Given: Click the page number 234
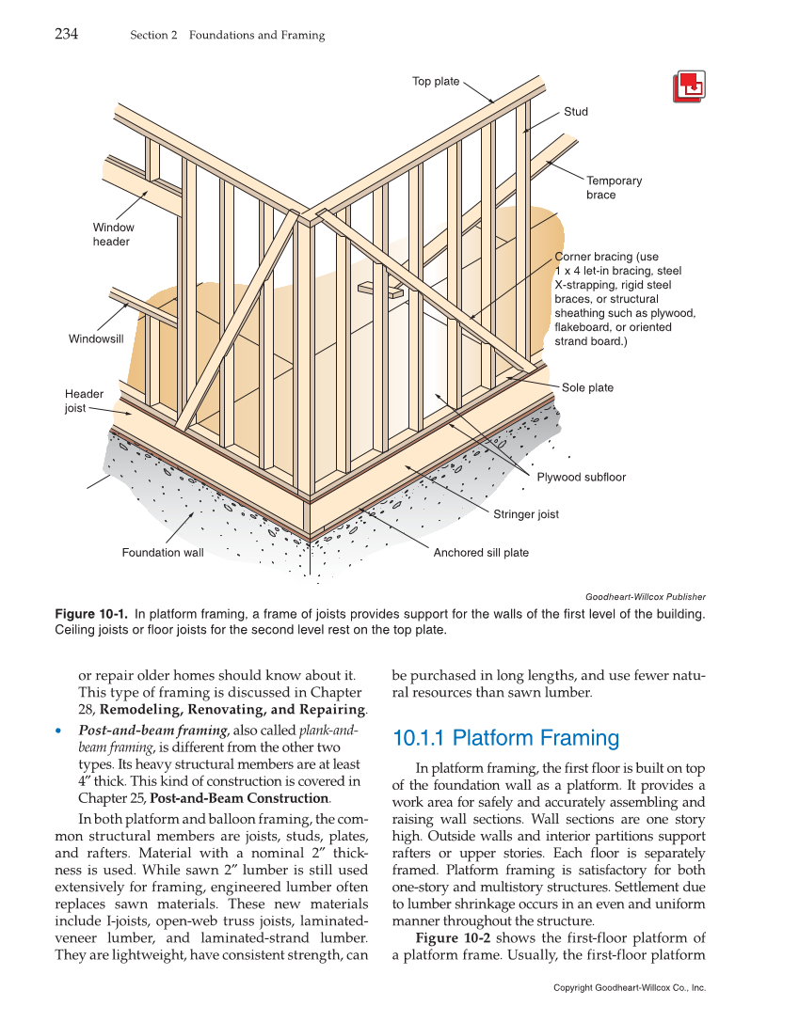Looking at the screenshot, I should [x=66, y=35].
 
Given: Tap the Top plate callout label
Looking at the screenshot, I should [x=436, y=82].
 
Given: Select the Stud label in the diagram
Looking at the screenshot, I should [x=576, y=112].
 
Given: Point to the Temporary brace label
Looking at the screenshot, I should [x=614, y=188].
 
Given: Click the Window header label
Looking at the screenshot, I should [x=113, y=234].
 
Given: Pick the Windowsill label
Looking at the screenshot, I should [x=96, y=338].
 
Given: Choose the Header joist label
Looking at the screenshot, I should [x=84, y=401].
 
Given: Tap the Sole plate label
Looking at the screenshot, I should [x=587, y=387].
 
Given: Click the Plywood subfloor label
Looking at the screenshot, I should [x=581, y=478].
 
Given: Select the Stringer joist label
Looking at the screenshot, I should [x=525, y=514].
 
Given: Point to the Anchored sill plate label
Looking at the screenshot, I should [x=481, y=553].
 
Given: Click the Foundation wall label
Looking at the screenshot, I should [x=162, y=553].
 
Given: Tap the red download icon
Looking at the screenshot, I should [x=690, y=86].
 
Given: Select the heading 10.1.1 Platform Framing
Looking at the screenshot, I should [x=505, y=738].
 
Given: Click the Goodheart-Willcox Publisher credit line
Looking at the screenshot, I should [x=645, y=596].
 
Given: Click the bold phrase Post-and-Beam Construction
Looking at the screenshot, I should [x=238, y=798].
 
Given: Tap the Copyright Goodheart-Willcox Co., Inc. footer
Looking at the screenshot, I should [x=629, y=988].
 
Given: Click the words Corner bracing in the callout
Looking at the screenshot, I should [x=594, y=257].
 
